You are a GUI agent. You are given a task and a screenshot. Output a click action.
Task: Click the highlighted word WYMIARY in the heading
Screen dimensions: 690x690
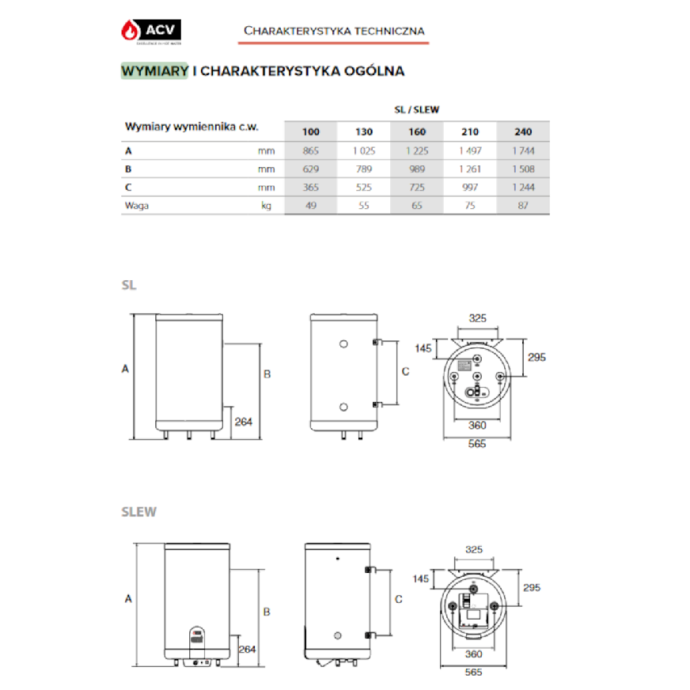154,71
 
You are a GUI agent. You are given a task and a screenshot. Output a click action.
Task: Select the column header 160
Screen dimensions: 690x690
416,132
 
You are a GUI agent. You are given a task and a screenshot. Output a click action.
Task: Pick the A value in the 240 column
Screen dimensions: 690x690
523,150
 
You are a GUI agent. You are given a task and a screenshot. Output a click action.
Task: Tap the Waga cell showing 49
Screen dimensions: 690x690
310,206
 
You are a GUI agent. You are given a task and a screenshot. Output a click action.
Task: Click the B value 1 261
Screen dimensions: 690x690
470,169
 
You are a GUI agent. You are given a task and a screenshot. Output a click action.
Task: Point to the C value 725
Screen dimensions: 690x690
416,188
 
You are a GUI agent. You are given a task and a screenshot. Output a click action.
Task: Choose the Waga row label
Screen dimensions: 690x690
137,206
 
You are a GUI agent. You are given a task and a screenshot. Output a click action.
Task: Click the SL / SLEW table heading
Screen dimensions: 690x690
416,110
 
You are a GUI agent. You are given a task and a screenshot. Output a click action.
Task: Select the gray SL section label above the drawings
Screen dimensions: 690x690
129,286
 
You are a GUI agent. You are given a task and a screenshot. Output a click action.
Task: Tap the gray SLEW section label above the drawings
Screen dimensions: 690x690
138,512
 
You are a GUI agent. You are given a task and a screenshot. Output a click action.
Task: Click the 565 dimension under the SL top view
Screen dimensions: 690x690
476,444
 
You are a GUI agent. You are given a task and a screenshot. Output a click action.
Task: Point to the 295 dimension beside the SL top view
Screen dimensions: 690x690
536,357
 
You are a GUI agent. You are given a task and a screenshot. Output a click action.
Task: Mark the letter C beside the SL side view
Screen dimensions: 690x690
405,370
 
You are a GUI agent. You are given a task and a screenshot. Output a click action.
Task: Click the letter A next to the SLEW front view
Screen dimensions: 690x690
127,599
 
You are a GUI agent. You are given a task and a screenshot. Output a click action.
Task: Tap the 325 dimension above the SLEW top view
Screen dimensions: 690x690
473,549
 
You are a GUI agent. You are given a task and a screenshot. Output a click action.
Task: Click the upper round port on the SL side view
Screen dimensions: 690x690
343,344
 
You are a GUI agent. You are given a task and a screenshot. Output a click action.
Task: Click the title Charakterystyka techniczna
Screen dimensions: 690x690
334,31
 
